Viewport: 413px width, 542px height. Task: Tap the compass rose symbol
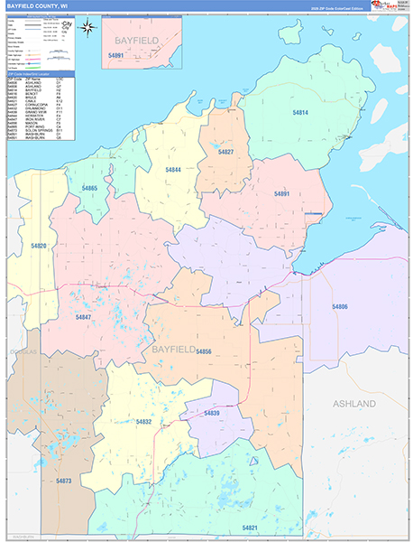(x=87, y=26)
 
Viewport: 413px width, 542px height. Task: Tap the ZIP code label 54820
(x=39, y=246)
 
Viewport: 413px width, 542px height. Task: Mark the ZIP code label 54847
(x=83, y=317)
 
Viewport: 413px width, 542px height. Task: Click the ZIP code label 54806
(x=340, y=307)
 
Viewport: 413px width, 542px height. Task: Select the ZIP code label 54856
(x=203, y=351)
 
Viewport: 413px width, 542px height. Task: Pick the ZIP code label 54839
(x=212, y=413)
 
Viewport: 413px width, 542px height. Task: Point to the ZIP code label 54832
(x=143, y=422)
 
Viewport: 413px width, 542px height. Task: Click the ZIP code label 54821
(x=250, y=528)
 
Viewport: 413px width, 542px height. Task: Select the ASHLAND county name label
(x=353, y=404)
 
